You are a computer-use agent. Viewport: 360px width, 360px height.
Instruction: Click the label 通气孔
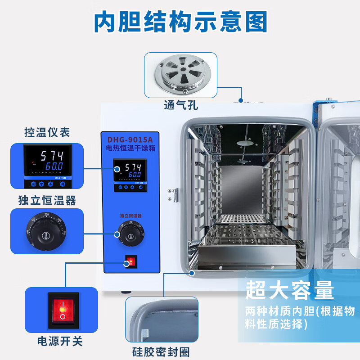click(180, 106)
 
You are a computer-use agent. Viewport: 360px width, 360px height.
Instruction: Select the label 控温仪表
click(47, 132)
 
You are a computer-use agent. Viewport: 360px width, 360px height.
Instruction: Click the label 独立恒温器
click(47, 200)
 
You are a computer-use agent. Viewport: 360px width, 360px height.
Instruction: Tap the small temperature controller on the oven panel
click(130, 174)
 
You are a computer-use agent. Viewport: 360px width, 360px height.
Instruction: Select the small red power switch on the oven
click(130, 261)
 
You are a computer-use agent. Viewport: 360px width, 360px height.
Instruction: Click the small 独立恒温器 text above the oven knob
click(130, 216)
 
